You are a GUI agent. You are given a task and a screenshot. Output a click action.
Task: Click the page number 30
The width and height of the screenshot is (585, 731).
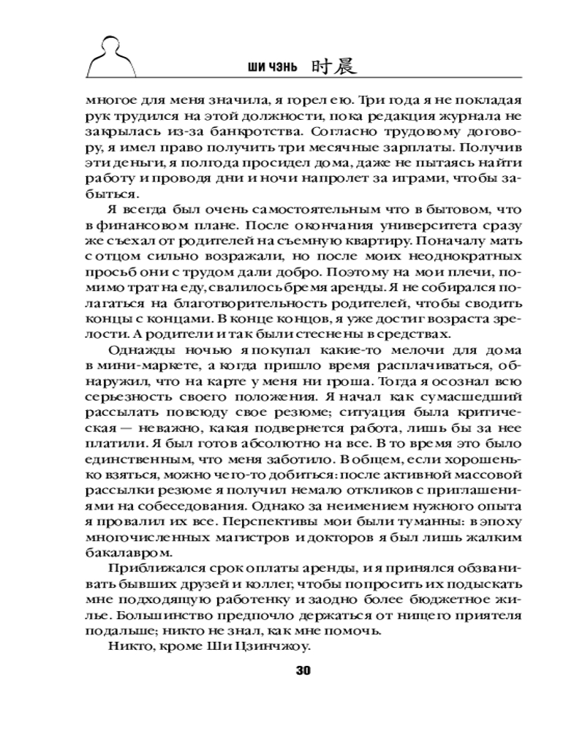(301, 671)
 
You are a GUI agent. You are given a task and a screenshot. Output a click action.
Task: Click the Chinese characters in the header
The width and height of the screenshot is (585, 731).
(329, 67)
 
